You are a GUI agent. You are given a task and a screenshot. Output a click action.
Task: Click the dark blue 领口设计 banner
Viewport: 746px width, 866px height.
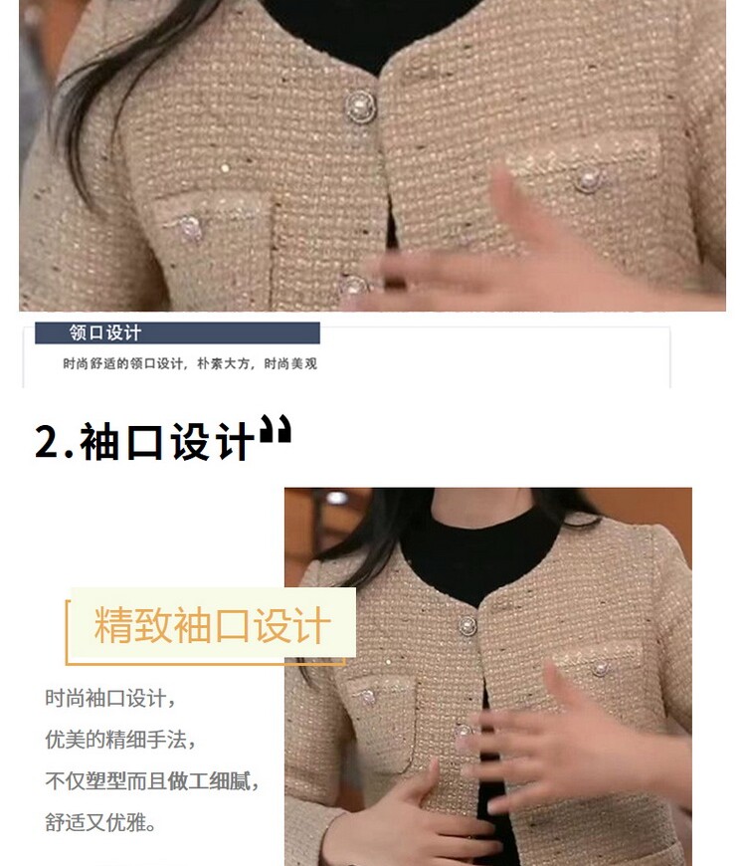177,333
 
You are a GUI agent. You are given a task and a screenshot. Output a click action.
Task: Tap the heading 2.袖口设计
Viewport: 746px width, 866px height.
144,442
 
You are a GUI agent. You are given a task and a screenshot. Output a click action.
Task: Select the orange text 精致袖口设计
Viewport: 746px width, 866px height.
213,625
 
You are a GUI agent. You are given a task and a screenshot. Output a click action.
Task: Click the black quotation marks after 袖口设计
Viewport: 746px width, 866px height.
276,429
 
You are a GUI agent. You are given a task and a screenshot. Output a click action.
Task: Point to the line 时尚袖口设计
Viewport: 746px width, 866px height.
110,698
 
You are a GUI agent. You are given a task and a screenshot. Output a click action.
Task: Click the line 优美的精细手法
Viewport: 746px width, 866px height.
120,739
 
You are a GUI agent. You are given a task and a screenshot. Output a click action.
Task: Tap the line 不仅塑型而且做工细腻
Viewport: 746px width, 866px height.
152,780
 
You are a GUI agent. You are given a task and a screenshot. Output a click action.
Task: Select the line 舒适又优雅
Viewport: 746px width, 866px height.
99,822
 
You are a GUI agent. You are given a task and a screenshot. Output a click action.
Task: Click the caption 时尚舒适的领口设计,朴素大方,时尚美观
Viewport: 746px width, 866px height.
190,363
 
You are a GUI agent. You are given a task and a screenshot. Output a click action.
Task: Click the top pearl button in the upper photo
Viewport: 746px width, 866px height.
360,107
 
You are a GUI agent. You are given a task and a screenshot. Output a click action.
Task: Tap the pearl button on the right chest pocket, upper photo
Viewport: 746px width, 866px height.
588,180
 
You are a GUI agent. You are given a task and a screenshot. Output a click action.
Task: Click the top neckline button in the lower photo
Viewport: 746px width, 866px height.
467,626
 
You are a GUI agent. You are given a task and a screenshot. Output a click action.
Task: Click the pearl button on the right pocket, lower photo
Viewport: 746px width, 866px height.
599,668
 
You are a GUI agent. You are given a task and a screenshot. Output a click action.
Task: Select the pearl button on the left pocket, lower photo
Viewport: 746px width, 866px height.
368,697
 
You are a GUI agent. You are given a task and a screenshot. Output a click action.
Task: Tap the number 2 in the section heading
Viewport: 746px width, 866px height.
47,442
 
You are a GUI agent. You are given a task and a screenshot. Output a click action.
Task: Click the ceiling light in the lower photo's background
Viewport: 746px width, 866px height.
336,498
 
